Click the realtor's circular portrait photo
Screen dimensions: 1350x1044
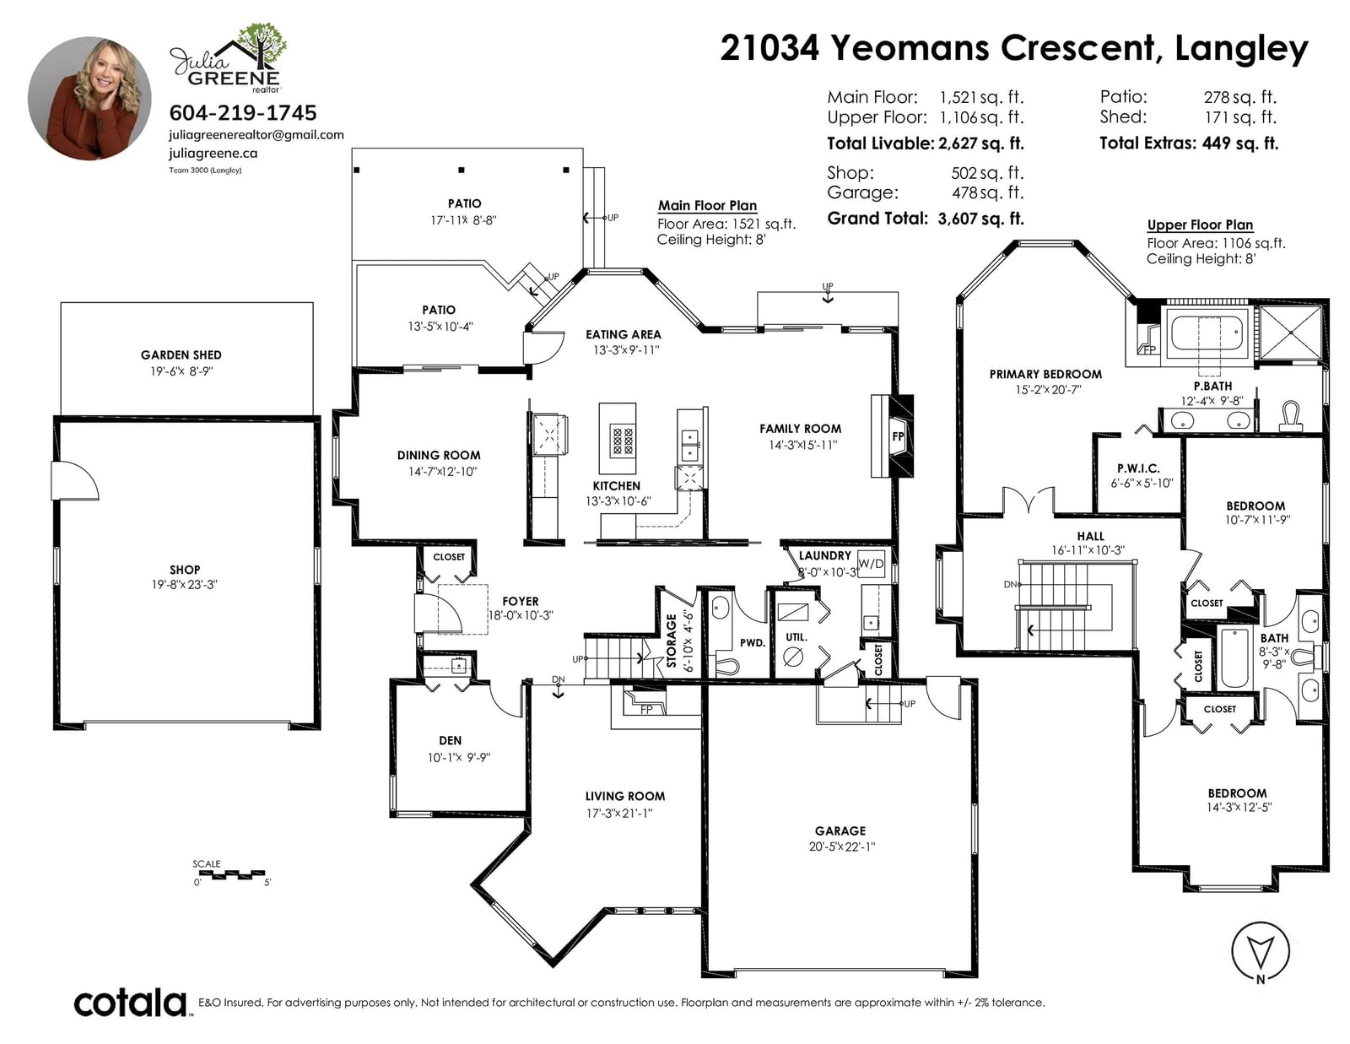tap(89, 98)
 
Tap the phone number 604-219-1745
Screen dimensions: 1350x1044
tap(243, 112)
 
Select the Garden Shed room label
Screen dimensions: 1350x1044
tap(181, 354)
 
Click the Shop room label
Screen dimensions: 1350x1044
tap(185, 569)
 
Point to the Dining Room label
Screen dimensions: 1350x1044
tap(439, 455)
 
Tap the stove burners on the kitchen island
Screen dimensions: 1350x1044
tap(622, 441)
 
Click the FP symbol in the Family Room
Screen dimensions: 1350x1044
tap(898, 436)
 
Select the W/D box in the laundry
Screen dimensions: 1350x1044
tap(871, 564)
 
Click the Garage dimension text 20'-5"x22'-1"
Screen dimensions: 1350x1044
tap(842, 847)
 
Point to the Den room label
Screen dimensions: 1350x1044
tap(450, 740)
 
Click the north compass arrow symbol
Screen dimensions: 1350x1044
tap(1260, 951)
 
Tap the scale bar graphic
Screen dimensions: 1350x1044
tap(229, 874)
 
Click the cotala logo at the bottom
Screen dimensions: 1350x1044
tap(131, 1003)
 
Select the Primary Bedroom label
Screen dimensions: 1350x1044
tap(1045, 374)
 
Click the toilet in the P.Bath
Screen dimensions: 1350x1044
tap(1290, 416)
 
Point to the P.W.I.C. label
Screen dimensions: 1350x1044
tap(1138, 468)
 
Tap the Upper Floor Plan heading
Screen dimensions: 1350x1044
tap(1200, 225)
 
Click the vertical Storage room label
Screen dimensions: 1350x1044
tap(672, 641)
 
